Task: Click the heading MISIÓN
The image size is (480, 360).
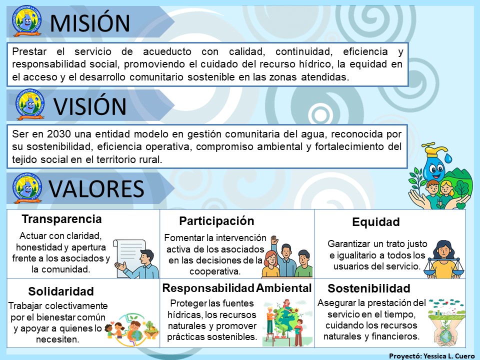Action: click(x=90, y=23)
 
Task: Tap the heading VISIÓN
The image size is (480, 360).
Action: click(x=90, y=106)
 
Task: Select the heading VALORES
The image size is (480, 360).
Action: click(x=96, y=188)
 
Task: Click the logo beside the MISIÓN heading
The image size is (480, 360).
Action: click(x=26, y=21)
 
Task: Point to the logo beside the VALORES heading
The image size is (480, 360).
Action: click(x=27, y=188)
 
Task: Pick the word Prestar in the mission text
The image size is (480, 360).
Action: click(x=29, y=51)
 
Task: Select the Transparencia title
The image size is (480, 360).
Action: click(x=62, y=219)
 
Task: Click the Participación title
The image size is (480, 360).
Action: click(x=216, y=221)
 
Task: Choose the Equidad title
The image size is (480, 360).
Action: click(x=376, y=221)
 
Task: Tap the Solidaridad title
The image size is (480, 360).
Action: click(x=61, y=291)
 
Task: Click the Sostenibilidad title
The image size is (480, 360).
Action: click(x=369, y=288)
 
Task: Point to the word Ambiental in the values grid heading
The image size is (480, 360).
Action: click(x=284, y=288)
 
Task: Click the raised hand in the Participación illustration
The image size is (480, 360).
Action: click(x=274, y=239)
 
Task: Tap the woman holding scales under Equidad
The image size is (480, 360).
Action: click(x=443, y=259)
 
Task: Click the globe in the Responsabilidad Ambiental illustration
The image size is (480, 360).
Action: click(x=285, y=322)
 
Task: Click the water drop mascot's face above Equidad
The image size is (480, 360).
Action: click(x=434, y=168)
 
